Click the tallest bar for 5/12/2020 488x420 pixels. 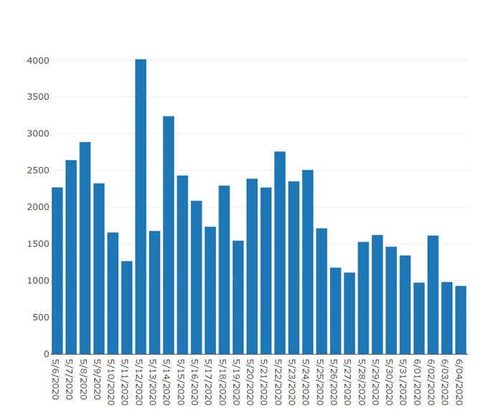click(x=141, y=206)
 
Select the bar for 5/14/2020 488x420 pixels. click(x=169, y=235)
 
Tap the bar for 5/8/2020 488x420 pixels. click(x=85, y=248)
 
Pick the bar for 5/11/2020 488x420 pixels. click(x=127, y=307)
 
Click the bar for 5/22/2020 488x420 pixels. click(x=280, y=253)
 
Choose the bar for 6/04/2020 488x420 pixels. click(x=461, y=320)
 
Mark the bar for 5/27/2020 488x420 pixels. click(x=349, y=313)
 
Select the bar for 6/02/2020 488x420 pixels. click(x=433, y=295)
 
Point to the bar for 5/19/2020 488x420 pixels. click(x=238, y=297)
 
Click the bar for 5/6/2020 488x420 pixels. click(x=57, y=271)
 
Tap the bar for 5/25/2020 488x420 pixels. click(x=322, y=291)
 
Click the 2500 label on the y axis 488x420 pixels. click(x=38, y=171)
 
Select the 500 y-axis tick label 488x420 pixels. click(x=41, y=318)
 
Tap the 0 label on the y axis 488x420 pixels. click(x=47, y=354)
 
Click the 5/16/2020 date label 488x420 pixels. click(x=194, y=383)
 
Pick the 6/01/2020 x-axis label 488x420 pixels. click(x=417, y=383)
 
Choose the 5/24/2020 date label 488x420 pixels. click(x=306, y=383)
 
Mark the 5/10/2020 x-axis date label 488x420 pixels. click(x=111, y=383)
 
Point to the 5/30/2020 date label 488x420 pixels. click(x=390, y=383)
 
